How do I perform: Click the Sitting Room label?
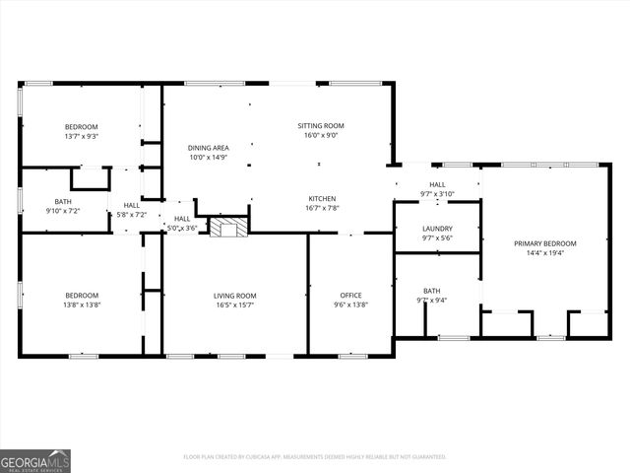pos(321,126)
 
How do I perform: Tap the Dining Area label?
pos(209,148)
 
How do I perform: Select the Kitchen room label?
pos(322,198)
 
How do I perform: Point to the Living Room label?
pos(235,296)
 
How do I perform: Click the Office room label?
pos(351,296)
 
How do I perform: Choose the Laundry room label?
pos(437,229)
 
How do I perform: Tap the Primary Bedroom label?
pos(543,243)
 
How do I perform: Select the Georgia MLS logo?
pos(35,460)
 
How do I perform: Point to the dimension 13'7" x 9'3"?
pos(81,136)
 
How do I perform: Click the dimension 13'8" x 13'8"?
pos(82,305)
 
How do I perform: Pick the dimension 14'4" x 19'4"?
pos(543,252)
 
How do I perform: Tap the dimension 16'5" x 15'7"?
pos(235,305)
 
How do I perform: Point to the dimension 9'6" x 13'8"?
pos(351,305)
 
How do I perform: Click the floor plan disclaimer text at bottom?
pos(315,457)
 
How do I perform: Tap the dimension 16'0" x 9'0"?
pos(321,136)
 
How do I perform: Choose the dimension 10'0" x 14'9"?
pos(209,157)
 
